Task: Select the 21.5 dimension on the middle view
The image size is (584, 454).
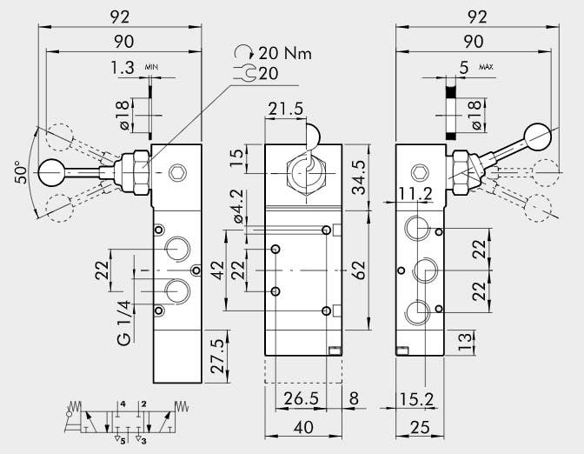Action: tap(287, 110)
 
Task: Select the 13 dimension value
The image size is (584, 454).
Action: tap(467, 337)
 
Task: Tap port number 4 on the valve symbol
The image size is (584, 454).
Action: tap(123, 404)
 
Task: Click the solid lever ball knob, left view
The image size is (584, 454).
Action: tap(49, 173)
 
